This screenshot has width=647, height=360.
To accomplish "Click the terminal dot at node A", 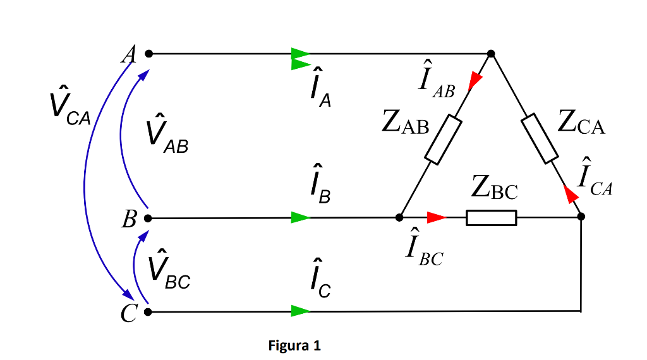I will [x=148, y=54].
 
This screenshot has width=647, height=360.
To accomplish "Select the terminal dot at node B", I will [x=148, y=218].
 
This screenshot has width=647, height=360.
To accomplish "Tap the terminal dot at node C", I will [x=148, y=311].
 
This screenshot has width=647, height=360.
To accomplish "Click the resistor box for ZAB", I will [x=443, y=140].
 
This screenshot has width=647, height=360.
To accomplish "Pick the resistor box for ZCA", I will [x=540, y=138].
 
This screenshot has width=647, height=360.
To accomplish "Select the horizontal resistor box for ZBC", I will [x=492, y=217].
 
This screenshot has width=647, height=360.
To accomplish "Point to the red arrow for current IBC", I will [x=436, y=217].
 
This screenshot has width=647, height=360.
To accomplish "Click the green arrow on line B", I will [x=301, y=218].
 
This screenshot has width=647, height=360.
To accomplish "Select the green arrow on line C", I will [x=301, y=311].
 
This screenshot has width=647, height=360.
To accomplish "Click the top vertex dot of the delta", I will [x=491, y=54].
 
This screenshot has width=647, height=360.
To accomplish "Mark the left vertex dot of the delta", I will [x=399, y=217].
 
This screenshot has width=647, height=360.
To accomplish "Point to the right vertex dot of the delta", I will [x=581, y=217].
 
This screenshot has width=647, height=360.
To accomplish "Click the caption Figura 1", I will [x=294, y=345].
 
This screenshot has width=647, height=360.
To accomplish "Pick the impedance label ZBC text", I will [x=494, y=188].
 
